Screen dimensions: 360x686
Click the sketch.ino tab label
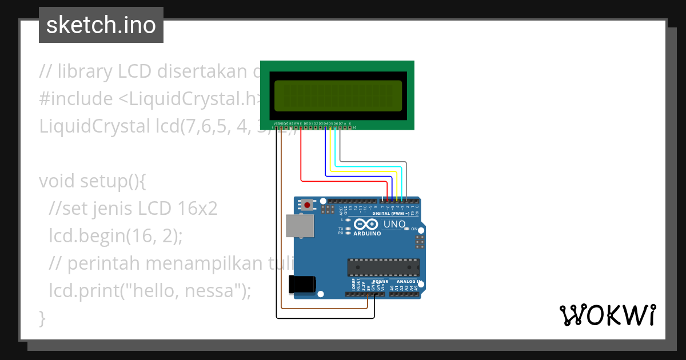(x=101, y=25)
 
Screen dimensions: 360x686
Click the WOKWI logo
(x=607, y=315)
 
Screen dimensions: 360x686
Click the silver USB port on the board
(x=300, y=226)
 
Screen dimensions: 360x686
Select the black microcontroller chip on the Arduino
(x=383, y=267)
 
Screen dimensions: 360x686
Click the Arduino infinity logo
(x=366, y=224)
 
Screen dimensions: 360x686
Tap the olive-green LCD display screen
(x=337, y=95)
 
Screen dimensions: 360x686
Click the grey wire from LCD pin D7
(x=372, y=162)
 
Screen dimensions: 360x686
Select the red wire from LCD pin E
(x=343, y=182)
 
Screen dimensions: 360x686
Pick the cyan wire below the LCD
(x=366, y=167)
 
